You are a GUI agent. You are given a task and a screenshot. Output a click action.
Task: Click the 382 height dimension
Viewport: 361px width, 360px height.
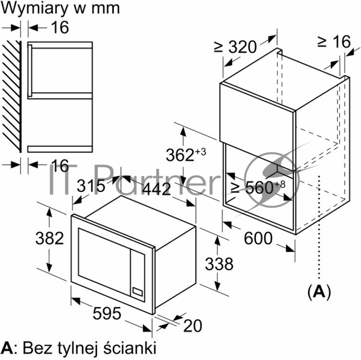click(49, 238)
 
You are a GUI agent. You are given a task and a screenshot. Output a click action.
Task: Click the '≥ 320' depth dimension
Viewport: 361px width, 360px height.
click(235, 46)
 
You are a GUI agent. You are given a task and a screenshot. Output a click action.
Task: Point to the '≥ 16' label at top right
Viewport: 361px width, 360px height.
click(334, 42)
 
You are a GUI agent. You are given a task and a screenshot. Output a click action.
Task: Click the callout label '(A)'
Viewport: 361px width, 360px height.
click(319, 292)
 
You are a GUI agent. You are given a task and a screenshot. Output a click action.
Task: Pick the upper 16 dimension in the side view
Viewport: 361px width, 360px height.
click(60, 27)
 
